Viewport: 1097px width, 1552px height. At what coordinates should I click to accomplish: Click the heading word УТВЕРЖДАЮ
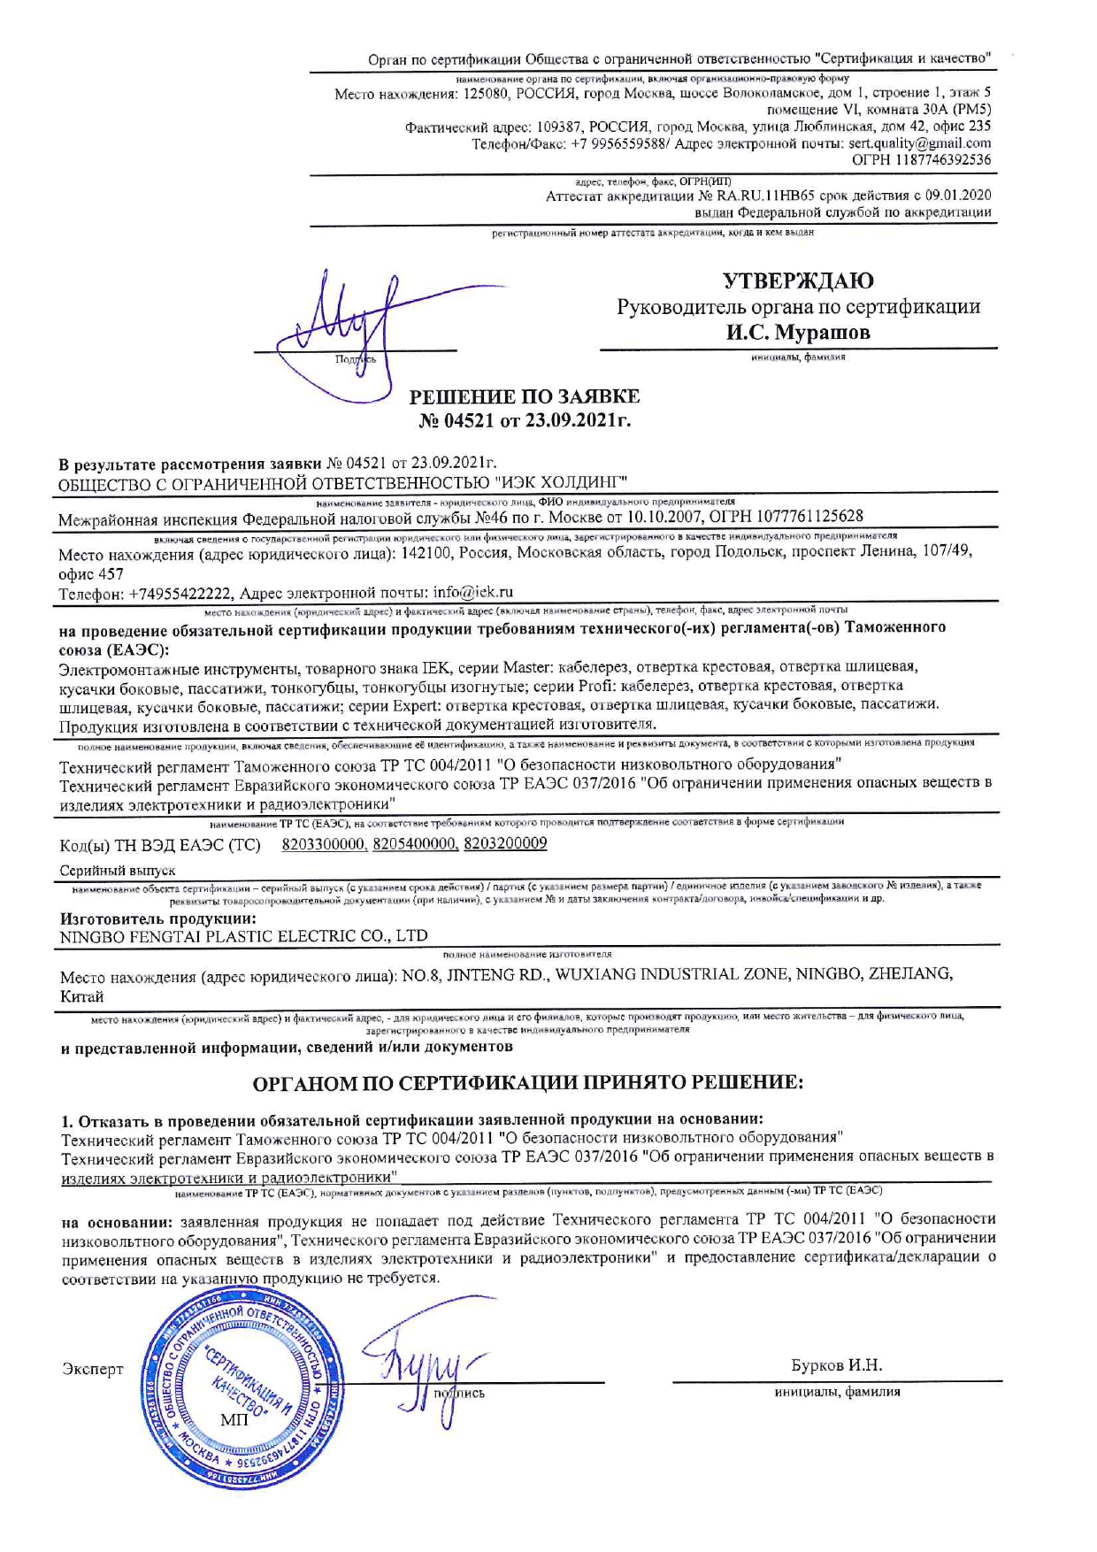[x=798, y=281]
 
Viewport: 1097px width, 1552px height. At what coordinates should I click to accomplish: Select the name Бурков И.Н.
[x=836, y=1365]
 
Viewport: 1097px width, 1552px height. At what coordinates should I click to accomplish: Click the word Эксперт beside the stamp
[x=93, y=1370]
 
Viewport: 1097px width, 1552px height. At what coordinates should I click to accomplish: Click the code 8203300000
[x=324, y=844]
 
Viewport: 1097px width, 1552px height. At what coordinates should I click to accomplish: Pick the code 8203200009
[x=505, y=844]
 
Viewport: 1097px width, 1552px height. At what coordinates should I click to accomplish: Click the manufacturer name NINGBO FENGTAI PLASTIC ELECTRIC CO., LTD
[x=243, y=935]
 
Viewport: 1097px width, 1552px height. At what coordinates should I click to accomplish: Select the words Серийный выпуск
[x=118, y=871]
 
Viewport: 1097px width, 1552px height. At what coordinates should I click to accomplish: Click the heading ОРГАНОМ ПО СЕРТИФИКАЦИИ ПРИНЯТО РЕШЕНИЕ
[x=528, y=1083]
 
